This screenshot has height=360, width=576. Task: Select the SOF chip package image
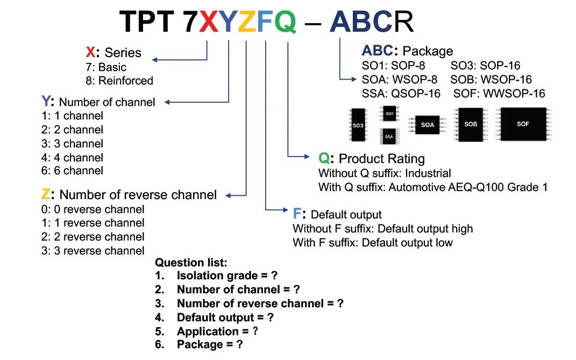pyautogui.click(x=523, y=124)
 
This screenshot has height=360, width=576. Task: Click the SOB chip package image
pyautogui.click(x=471, y=124)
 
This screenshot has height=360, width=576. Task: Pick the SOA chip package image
pyautogui.click(x=427, y=125)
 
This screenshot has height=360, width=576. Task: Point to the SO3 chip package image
pyautogui.click(x=358, y=125)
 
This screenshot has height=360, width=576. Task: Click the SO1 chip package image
pyautogui.click(x=390, y=114)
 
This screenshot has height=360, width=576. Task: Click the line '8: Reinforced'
pyautogui.click(x=119, y=81)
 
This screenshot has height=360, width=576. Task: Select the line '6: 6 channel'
pyautogui.click(x=73, y=171)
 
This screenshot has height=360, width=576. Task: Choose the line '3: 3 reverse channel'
pyautogui.click(x=93, y=251)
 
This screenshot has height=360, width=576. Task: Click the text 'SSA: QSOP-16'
pyautogui.click(x=401, y=94)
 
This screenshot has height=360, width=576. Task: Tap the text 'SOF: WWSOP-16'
pyautogui.click(x=499, y=94)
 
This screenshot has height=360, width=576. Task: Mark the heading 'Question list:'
pyautogui.click(x=191, y=263)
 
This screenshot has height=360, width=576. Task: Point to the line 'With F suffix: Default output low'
pyautogui.click(x=373, y=243)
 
